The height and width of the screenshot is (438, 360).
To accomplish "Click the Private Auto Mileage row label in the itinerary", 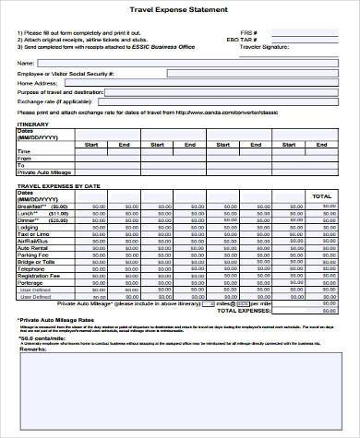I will (x=43, y=172).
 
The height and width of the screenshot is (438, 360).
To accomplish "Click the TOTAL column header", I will (x=322, y=195).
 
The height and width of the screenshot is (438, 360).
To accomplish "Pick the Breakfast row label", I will (x=32, y=207).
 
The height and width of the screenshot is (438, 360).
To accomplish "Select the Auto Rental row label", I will (x=32, y=248).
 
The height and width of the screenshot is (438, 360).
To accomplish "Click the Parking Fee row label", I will (x=32, y=255).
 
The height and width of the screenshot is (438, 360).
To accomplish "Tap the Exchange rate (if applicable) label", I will (x=50, y=101).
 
